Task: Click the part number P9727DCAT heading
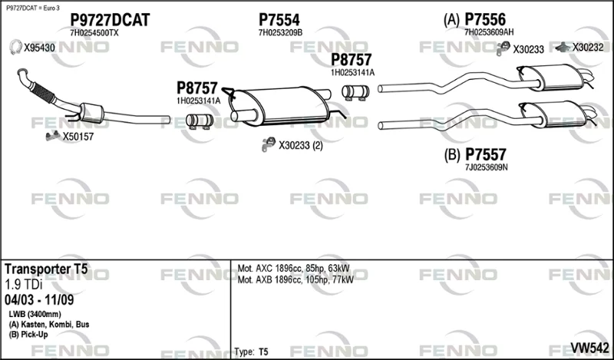click(110, 20)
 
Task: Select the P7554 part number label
click(279, 20)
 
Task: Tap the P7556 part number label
click(485, 19)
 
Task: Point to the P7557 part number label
click(486, 154)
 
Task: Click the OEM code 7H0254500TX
click(94, 33)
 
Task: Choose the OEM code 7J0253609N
click(487, 167)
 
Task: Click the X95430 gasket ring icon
click(15, 47)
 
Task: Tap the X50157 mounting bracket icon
click(53, 136)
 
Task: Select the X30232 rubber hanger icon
click(563, 47)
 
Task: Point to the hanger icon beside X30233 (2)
click(269, 144)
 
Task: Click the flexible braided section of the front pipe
click(42, 92)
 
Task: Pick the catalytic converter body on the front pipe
click(91, 113)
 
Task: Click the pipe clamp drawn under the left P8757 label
click(200, 121)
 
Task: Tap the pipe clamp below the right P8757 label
click(355, 92)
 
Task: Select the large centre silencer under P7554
click(282, 105)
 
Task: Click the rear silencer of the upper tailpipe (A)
click(551, 78)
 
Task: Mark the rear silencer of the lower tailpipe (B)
click(554, 114)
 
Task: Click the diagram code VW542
click(589, 348)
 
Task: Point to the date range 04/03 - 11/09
click(39, 300)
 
